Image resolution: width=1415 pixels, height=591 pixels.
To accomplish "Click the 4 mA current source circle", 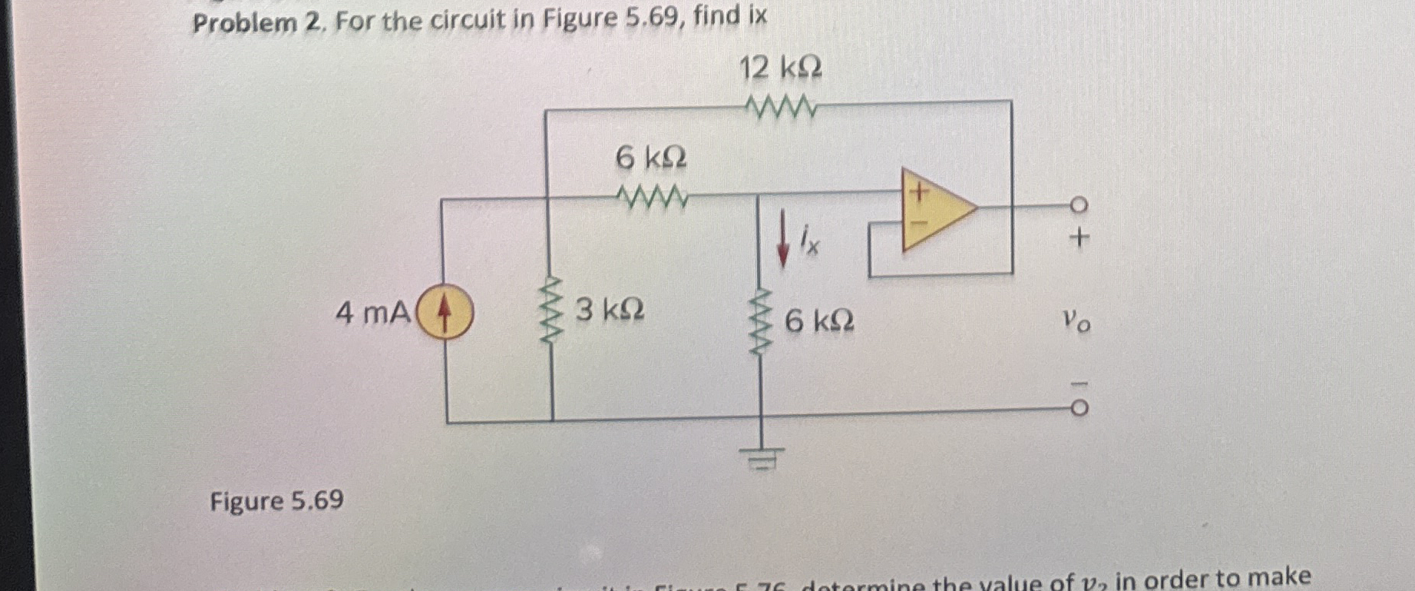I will (x=444, y=313).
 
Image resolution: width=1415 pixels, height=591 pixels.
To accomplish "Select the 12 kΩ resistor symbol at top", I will (x=780, y=108).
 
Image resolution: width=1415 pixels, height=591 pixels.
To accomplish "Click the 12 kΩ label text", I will (x=780, y=68).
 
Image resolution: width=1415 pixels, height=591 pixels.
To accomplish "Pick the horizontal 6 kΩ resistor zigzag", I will (x=652, y=199).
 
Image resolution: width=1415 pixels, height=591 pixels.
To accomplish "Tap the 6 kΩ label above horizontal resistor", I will (x=651, y=158).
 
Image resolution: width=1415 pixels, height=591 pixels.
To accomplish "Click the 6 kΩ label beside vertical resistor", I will (x=819, y=320).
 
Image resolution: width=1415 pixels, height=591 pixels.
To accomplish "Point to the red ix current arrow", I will (x=782, y=239).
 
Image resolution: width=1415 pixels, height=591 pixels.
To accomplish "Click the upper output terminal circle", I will (x=1078, y=206).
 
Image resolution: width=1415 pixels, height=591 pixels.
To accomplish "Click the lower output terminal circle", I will (x=1078, y=408).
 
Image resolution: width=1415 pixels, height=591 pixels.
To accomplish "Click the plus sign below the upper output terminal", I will (x=1079, y=237).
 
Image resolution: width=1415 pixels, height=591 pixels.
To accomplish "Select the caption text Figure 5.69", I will (x=277, y=501).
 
